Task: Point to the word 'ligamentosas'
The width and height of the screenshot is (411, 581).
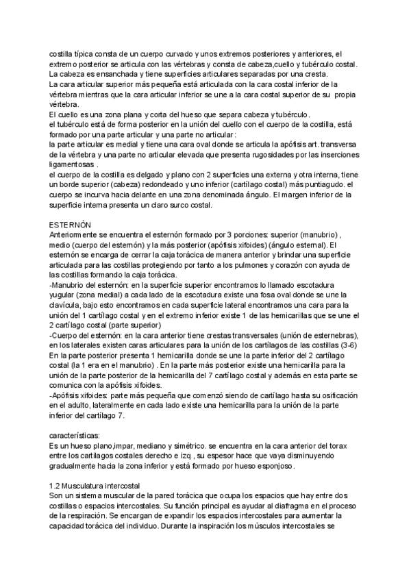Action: (x=71, y=164)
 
